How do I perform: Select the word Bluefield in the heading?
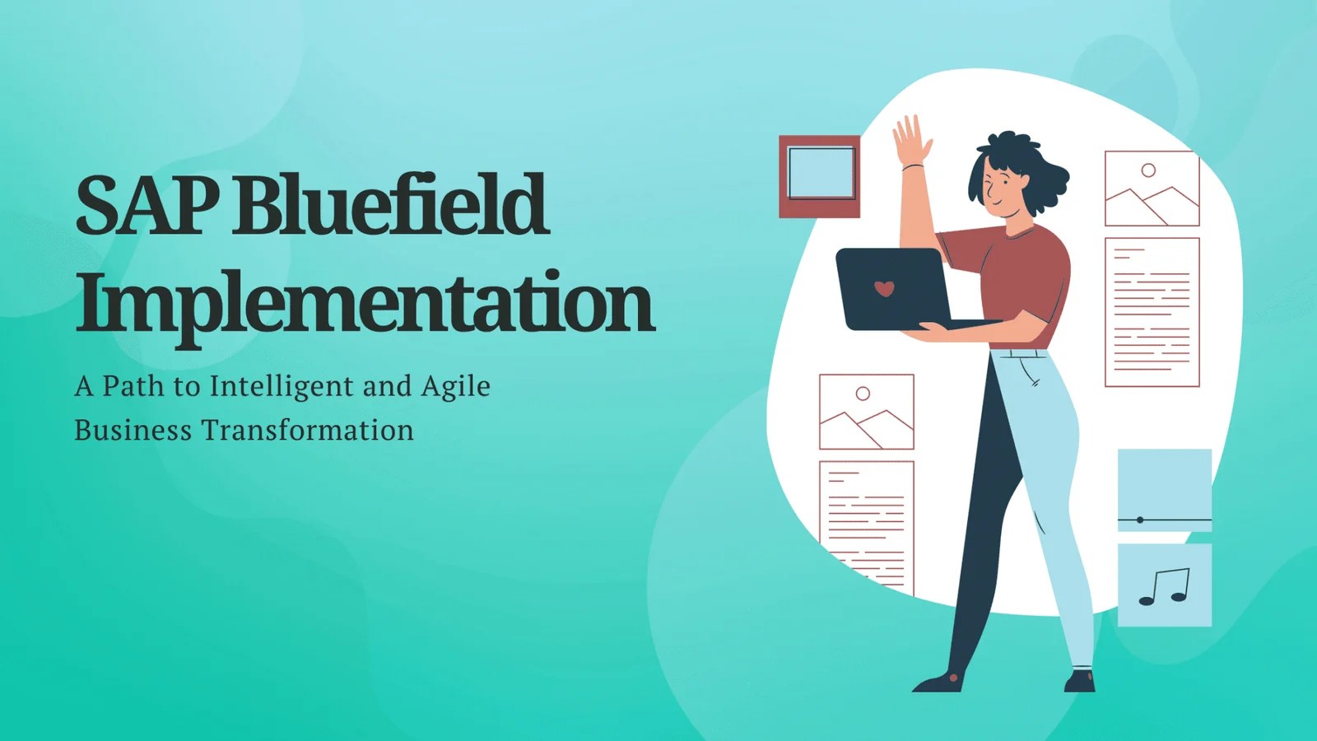(x=390, y=205)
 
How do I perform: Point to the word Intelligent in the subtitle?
(x=282, y=387)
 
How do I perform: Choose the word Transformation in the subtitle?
(x=308, y=431)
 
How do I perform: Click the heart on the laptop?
(x=884, y=288)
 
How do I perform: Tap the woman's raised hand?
(x=911, y=139)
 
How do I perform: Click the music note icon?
(x=1165, y=586)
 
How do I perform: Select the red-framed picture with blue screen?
(x=820, y=176)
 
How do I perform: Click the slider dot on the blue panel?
(x=1140, y=520)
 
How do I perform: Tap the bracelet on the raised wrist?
(x=913, y=167)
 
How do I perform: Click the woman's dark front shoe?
(x=939, y=683)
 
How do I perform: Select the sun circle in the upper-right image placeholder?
(x=1148, y=170)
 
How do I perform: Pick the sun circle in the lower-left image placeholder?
(x=863, y=394)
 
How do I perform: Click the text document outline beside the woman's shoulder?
(x=1152, y=312)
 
